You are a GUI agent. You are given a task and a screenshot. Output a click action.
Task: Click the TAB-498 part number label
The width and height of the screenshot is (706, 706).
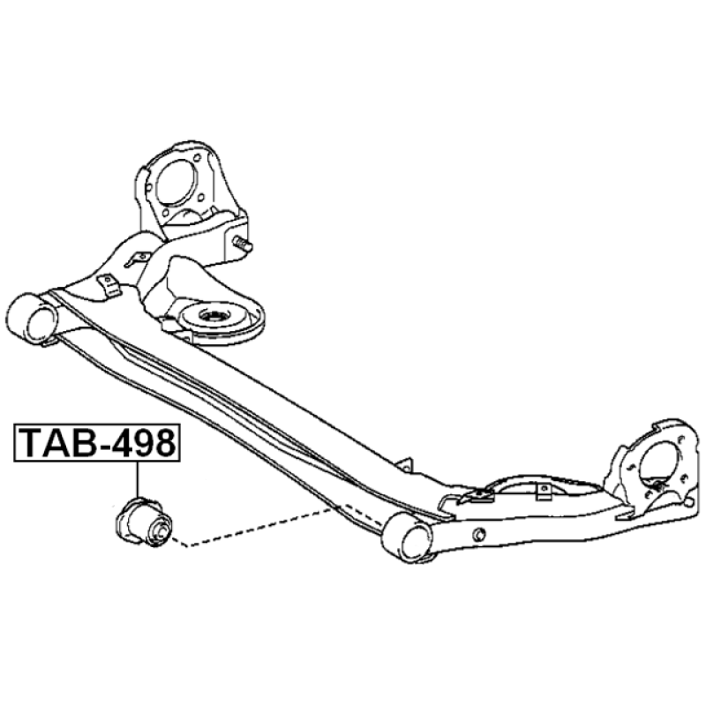[x=97, y=443]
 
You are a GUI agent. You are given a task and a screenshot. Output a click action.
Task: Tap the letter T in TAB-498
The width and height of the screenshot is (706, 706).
[x=29, y=443]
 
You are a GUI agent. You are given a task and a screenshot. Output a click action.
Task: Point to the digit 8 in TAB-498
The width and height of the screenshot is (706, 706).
[x=164, y=443]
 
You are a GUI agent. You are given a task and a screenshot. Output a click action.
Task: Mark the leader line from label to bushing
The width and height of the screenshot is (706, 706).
[x=137, y=479]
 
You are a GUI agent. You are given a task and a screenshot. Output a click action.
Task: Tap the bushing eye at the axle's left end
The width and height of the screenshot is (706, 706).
[x=33, y=319]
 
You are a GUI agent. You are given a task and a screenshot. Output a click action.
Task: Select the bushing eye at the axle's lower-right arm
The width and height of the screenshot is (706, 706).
[x=407, y=540]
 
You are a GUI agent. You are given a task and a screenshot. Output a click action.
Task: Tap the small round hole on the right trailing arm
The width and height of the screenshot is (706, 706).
[x=480, y=535]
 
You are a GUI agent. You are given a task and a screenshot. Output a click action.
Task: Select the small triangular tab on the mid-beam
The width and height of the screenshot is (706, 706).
[x=406, y=465]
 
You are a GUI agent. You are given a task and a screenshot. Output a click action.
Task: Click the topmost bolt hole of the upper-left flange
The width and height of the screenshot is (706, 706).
[x=196, y=158]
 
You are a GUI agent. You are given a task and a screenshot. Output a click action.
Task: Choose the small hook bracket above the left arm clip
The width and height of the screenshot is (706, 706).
[x=137, y=259]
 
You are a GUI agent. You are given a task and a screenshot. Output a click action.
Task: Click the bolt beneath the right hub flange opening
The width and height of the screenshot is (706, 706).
[x=657, y=486]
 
